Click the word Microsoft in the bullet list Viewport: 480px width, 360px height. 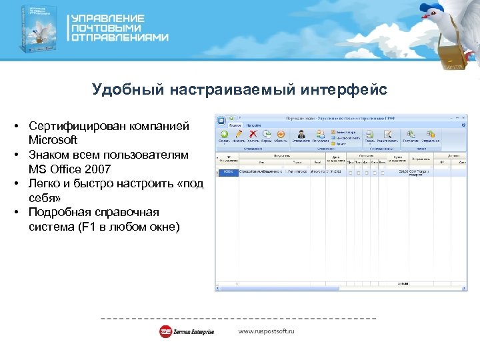tap(53, 140)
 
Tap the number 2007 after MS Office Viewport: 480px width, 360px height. tap(94, 169)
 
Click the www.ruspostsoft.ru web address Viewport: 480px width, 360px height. tap(266, 331)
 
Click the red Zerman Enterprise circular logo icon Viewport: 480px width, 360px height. tap(165, 331)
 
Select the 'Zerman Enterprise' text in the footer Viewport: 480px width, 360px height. tap(195, 331)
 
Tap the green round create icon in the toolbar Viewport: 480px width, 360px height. tap(223, 133)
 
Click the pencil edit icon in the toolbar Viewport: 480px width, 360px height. tap(238, 133)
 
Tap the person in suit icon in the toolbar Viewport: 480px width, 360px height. tap(301, 134)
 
